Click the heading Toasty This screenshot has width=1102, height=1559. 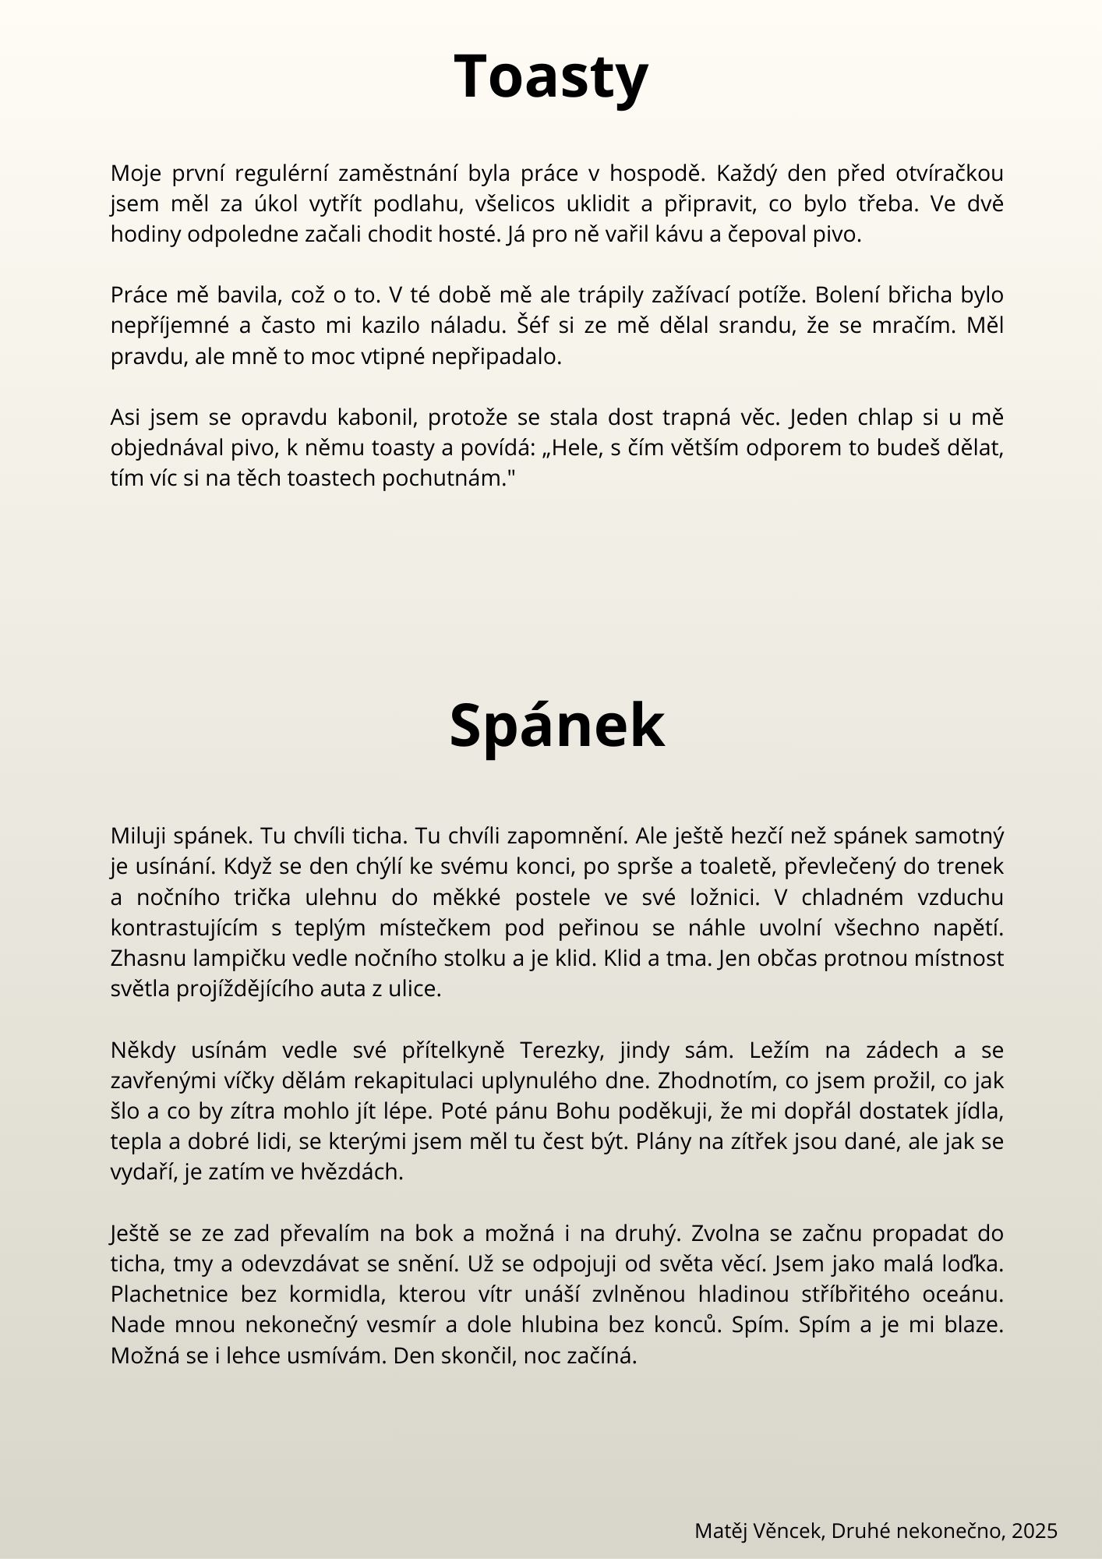pyautogui.click(x=551, y=76)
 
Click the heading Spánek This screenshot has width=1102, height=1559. pyautogui.click(x=556, y=726)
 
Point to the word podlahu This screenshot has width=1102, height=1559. pyautogui.click(x=413, y=204)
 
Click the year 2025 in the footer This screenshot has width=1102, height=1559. pyautogui.click(x=1034, y=1531)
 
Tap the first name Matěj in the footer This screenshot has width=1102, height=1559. pyautogui.click(x=719, y=1531)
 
